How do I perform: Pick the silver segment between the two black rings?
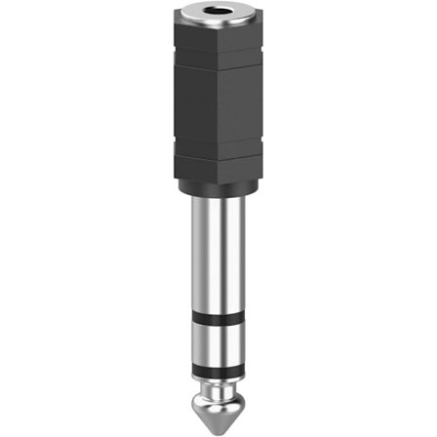pyautogui.click(x=218, y=342)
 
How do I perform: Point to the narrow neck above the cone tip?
pyautogui.click(x=218, y=387)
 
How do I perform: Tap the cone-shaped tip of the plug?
pyautogui.click(x=218, y=408)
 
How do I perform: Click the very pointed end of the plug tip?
pyautogui.click(x=218, y=427)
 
